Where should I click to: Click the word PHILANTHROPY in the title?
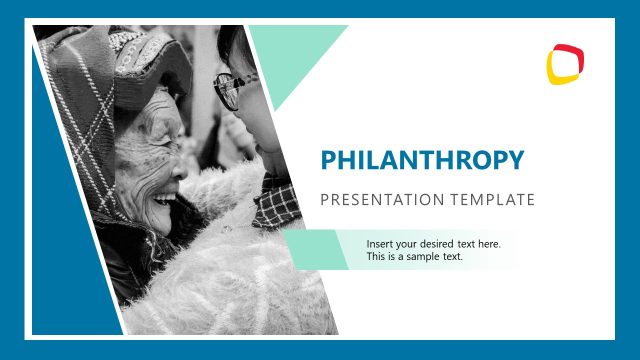coord(421,160)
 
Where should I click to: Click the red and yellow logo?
coord(565,63)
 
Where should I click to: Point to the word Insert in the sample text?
coord(380,244)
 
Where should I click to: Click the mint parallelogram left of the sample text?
coord(318,249)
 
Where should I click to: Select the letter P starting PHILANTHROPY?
coord(328,160)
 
